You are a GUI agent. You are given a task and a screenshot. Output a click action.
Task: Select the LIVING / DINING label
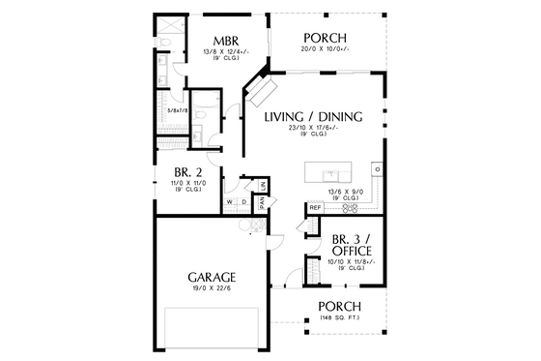[x=313, y=117]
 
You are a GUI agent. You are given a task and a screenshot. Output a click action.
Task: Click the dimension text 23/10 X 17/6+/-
[x=313, y=130]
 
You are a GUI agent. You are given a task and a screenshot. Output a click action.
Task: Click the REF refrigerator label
[x=315, y=208]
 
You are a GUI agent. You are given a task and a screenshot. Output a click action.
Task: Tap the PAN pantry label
[x=261, y=201]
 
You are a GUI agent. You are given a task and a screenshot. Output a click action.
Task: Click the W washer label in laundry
[x=230, y=201]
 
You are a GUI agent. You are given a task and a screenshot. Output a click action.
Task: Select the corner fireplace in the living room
[x=262, y=91]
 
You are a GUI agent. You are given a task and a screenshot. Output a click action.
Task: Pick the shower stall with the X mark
[x=165, y=27]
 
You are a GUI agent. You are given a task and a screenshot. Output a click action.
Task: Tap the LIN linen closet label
[x=262, y=184]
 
